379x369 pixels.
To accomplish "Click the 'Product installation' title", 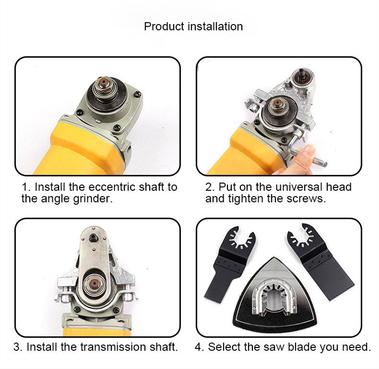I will [193, 26].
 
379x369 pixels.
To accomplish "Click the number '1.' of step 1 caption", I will [26, 186].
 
